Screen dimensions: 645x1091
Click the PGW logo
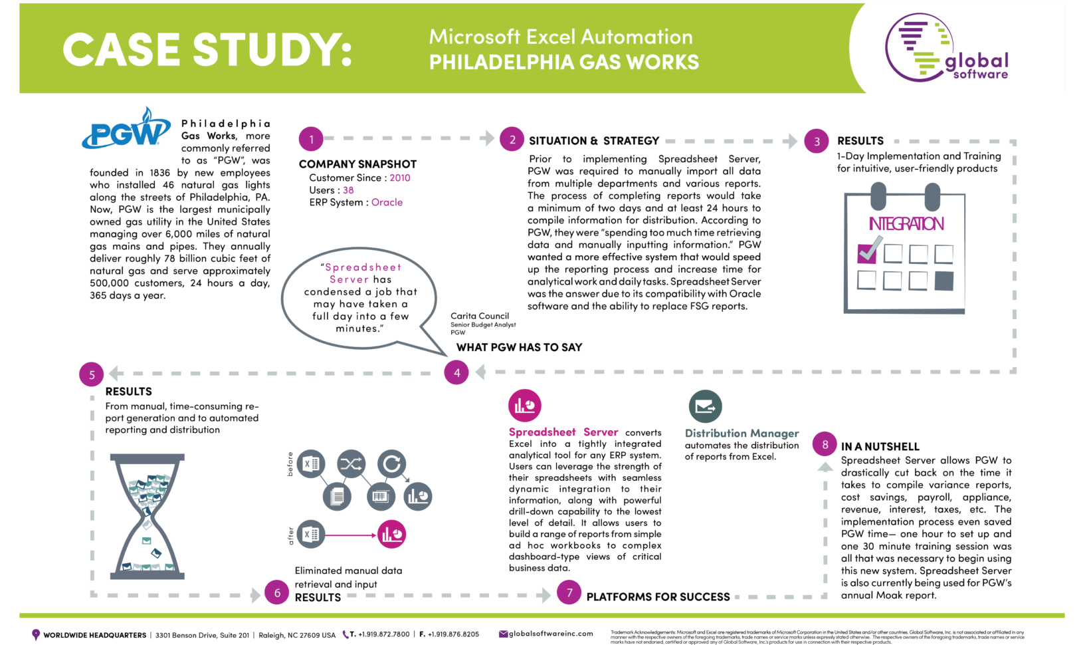pyautogui.click(x=126, y=130)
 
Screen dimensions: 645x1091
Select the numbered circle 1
pyautogui.click(x=311, y=140)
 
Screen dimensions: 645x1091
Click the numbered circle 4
pyautogui.click(x=456, y=373)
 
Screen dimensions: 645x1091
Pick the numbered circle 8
pyautogui.click(x=825, y=445)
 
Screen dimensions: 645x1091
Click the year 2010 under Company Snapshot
pyautogui.click(x=400, y=178)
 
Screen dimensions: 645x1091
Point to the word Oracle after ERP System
pyautogui.click(x=387, y=203)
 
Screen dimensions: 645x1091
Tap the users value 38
pyautogui.click(x=348, y=190)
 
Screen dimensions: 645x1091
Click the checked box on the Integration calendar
pyautogui.click(x=868, y=252)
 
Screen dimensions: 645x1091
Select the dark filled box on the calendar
pyautogui.click(x=943, y=281)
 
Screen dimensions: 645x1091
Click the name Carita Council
pyautogui.click(x=480, y=317)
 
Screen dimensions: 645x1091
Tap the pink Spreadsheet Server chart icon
pyautogui.click(x=525, y=406)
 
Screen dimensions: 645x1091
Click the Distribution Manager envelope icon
pyautogui.click(x=705, y=406)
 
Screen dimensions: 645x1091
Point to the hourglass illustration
pyautogui.click(x=147, y=517)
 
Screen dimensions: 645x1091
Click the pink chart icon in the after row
pyautogui.click(x=392, y=535)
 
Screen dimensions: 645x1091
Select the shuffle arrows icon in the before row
pyautogui.click(x=351, y=464)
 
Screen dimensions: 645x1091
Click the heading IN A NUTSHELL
pyautogui.click(x=880, y=447)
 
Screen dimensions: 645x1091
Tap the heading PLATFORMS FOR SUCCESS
pyautogui.click(x=658, y=597)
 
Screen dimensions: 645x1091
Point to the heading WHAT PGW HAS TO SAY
pyautogui.click(x=519, y=347)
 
